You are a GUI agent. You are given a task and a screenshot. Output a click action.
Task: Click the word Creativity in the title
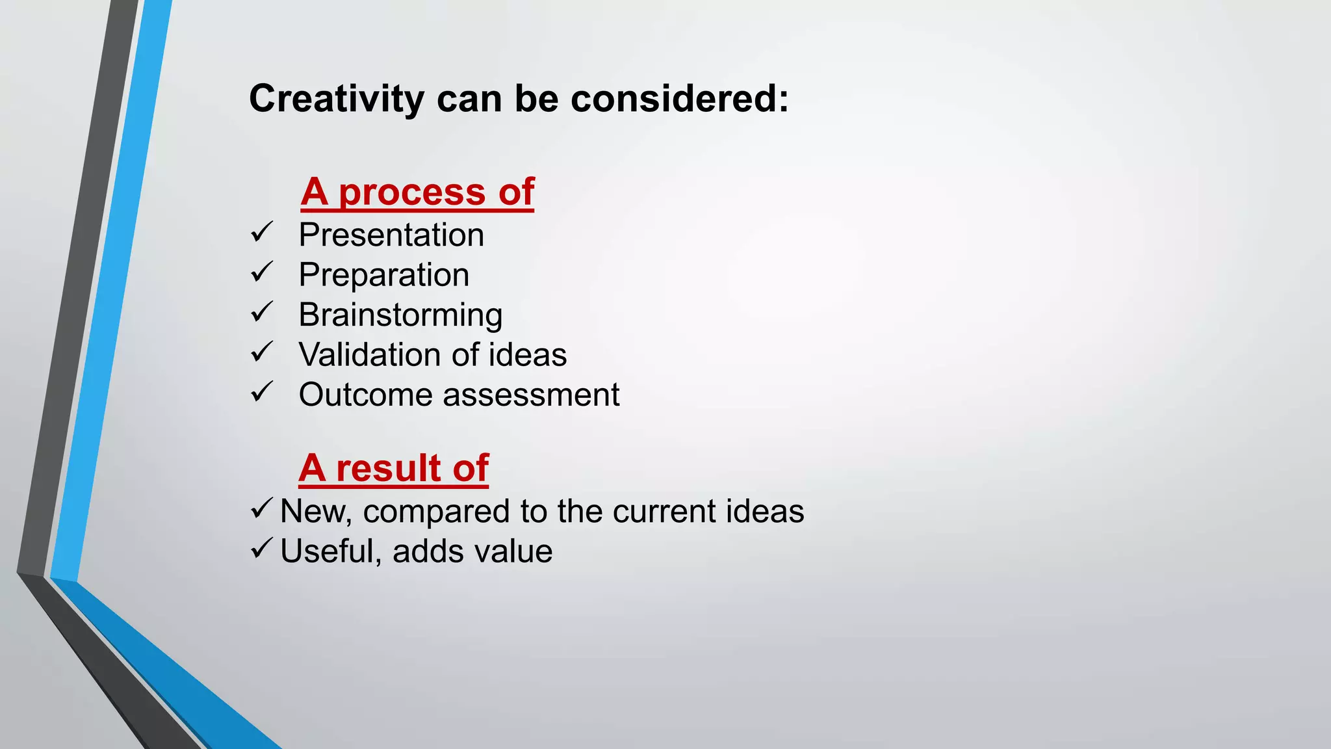coord(336,99)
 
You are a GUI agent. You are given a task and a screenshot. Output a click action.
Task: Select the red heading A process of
coord(417,192)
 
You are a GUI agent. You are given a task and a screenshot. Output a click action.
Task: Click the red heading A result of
coord(393,468)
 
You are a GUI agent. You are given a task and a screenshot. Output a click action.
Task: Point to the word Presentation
coord(391,235)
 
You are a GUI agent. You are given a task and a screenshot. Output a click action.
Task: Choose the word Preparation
coord(383,275)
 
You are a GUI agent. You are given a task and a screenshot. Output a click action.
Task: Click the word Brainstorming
coord(400,315)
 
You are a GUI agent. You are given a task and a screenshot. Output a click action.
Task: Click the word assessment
coord(531,395)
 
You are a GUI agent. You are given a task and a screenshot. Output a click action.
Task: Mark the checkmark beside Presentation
coord(262,232)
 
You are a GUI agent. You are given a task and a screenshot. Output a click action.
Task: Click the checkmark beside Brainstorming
coord(262,312)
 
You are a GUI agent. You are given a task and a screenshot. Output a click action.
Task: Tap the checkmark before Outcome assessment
coord(262,392)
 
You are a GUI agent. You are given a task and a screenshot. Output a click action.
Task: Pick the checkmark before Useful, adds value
coord(261,548)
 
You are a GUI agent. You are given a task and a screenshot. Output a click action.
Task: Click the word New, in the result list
coord(315,512)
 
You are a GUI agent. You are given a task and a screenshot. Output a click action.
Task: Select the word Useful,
coord(330,551)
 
